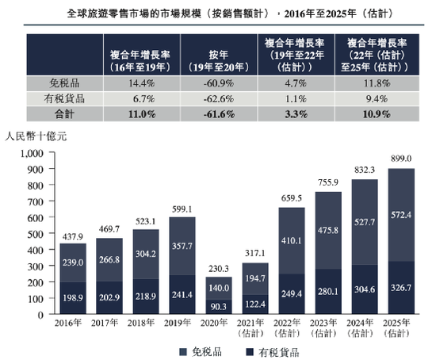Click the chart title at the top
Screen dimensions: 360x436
click(x=219, y=13)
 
